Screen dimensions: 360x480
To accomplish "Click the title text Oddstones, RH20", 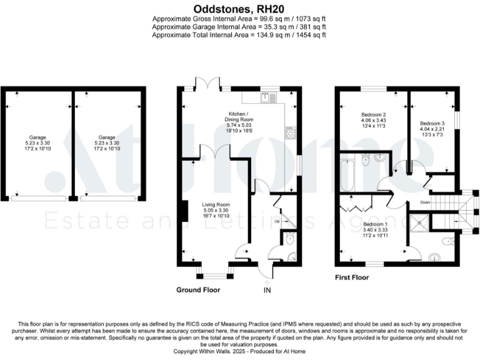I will tap(240, 9).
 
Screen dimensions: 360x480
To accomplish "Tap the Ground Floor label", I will tap(201, 291).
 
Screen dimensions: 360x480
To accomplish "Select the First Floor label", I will tap(352, 277).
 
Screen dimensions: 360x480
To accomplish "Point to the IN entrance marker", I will tap(267, 291).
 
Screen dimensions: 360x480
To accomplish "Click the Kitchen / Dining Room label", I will tap(240, 119).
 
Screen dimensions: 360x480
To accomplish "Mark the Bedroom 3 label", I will tap(432, 124).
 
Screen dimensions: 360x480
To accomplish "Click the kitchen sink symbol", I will tap(269, 97).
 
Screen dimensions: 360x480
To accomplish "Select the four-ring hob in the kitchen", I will tap(291, 132).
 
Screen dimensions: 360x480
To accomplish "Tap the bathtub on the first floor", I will tap(349, 176).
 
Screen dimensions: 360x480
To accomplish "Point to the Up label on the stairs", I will tap(277, 221).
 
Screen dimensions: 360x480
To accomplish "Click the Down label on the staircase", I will tap(424, 202).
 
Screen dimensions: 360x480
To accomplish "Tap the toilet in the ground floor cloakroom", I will tap(289, 238).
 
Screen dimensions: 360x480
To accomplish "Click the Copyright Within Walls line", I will tap(240, 352).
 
